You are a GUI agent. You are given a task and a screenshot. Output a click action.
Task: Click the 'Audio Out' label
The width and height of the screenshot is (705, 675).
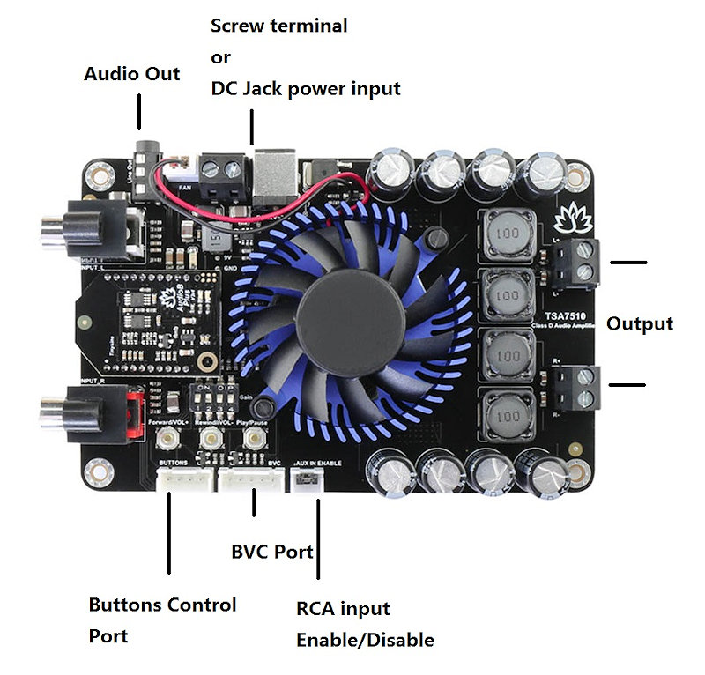coord(131,74)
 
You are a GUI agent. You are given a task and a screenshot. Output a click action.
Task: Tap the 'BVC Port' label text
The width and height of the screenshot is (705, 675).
coord(272,553)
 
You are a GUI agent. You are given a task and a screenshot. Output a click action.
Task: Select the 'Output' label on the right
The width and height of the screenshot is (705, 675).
coord(640,323)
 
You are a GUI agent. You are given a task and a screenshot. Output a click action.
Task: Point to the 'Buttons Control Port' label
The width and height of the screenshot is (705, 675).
coord(162,619)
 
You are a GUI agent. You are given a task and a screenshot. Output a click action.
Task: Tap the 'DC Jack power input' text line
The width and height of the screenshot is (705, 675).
coord(305,89)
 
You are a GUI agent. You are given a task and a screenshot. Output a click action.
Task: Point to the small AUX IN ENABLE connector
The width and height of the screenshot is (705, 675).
coord(306,480)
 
